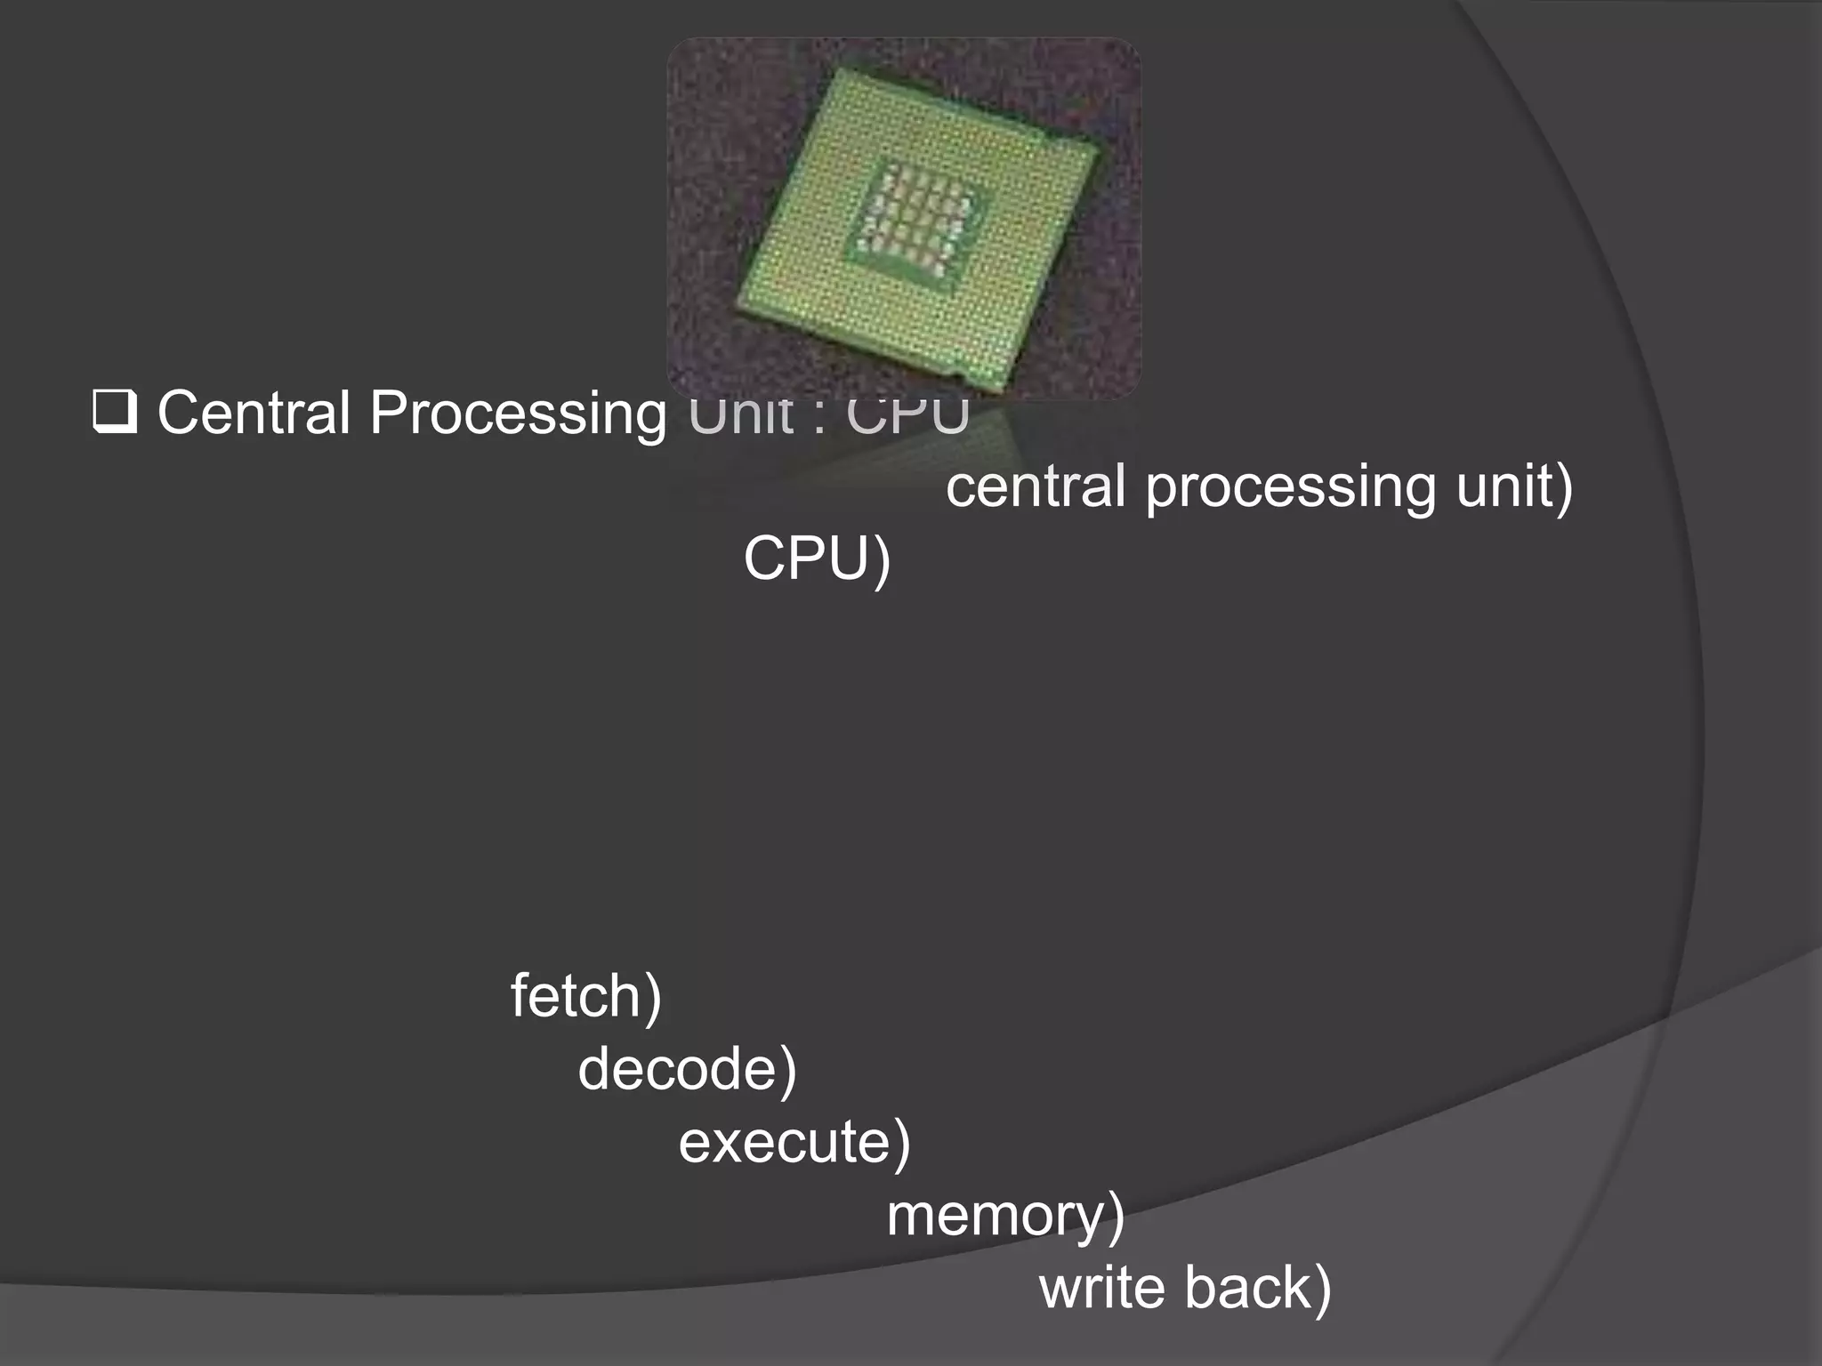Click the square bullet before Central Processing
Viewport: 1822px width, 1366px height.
click(x=115, y=414)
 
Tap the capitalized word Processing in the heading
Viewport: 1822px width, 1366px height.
click(x=518, y=414)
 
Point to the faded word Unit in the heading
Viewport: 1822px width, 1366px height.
click(x=740, y=414)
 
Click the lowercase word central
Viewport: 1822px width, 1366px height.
click(x=1036, y=486)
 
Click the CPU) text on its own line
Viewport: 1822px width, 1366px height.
click(x=817, y=559)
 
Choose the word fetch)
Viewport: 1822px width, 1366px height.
click(x=585, y=996)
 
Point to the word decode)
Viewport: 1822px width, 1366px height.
click(x=687, y=1069)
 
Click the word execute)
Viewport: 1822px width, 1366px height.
click(x=794, y=1142)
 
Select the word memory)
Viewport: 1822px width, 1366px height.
click(x=1005, y=1216)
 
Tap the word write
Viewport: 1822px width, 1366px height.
click(x=1101, y=1288)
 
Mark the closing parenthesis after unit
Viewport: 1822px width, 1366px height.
click(x=1563, y=488)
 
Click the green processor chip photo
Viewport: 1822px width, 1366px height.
click(x=904, y=219)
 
